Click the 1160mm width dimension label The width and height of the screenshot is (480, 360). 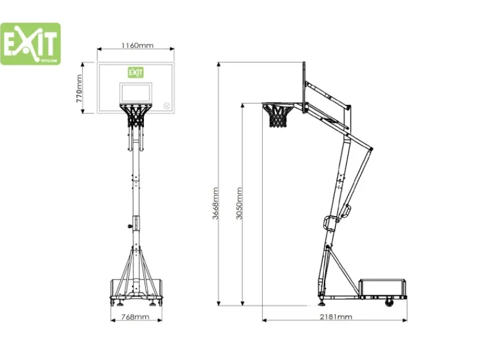pos(137,46)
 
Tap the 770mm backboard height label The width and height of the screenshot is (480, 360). pos(79,88)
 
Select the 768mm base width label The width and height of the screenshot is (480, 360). pos(135,317)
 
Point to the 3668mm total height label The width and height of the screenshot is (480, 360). pos(215,203)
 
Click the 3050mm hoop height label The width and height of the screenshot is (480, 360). pos(239,203)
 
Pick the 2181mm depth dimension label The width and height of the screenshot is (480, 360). pos(336,317)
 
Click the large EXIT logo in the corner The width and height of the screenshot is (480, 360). pos(31,44)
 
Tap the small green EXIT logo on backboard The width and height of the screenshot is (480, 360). pos(136,72)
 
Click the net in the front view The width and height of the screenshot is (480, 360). pos(136,116)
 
